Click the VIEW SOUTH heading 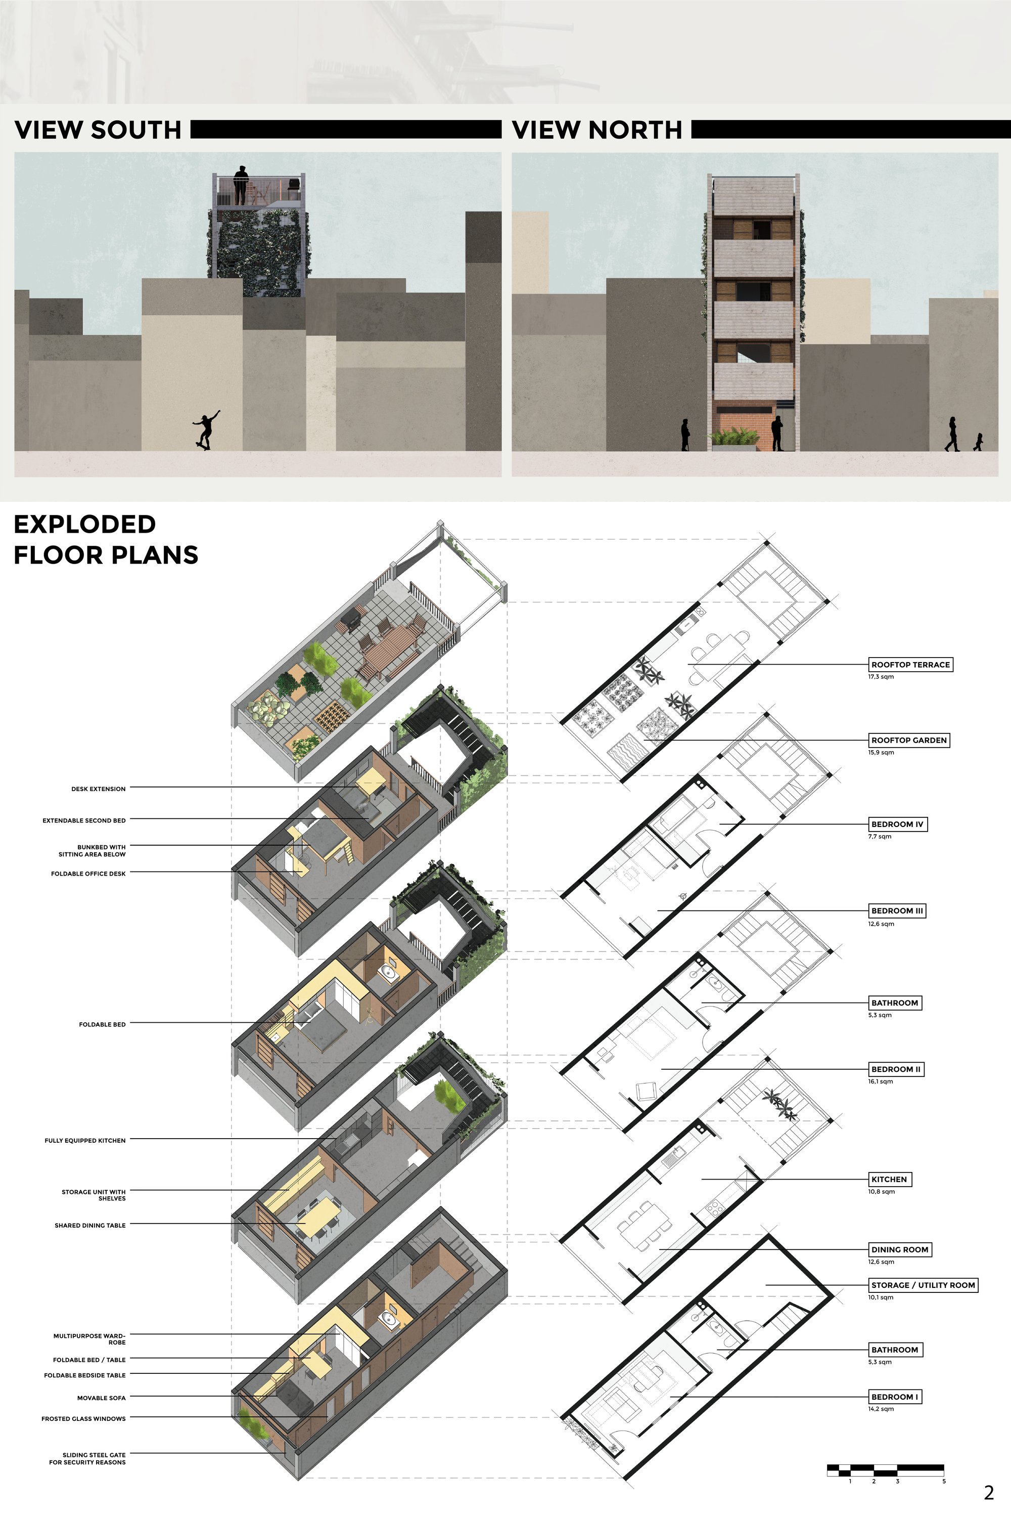(x=98, y=129)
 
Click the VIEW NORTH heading (x=597, y=129)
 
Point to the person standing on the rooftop (x=241, y=185)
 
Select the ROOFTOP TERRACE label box (x=910, y=665)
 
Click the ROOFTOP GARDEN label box (x=908, y=740)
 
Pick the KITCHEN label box (x=889, y=1179)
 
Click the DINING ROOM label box (x=899, y=1249)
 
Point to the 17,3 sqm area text (x=881, y=677)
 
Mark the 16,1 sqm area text (x=881, y=1082)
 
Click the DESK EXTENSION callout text (x=99, y=789)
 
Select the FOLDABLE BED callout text (x=103, y=1024)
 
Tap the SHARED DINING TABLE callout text (x=90, y=1225)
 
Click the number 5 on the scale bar (x=943, y=1481)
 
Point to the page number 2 (x=989, y=1493)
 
